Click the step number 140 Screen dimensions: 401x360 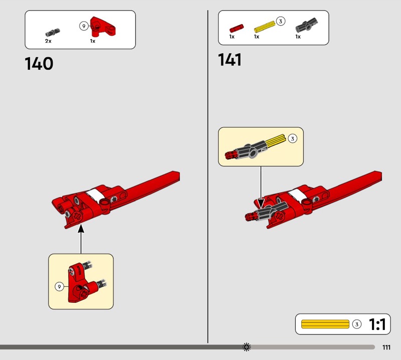[39, 64]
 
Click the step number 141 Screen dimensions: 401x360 [230, 60]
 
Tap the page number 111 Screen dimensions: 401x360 [386, 347]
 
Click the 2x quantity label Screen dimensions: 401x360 [48, 41]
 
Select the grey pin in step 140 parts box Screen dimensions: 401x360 [53, 33]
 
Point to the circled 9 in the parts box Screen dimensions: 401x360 [84, 26]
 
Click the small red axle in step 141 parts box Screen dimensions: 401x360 [237, 28]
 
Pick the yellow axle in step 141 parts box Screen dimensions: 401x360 [265, 27]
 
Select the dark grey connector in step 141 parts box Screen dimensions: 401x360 [307, 25]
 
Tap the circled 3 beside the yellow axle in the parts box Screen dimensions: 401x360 [281, 21]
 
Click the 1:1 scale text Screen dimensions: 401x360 [377, 324]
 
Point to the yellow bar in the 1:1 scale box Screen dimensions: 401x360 [325, 324]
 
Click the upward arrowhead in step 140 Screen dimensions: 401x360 [81, 229]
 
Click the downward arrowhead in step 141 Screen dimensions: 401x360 [261, 204]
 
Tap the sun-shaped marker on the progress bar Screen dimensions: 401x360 [247, 347]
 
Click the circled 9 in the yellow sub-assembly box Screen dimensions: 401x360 [59, 287]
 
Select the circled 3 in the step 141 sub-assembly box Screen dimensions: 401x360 [293, 139]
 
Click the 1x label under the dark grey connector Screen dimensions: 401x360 [298, 37]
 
